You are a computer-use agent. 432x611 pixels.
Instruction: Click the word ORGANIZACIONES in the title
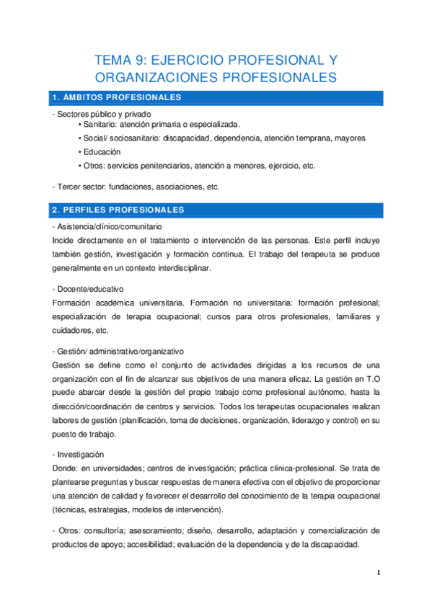[162, 77]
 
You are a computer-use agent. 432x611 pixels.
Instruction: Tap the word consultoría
[104, 530]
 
